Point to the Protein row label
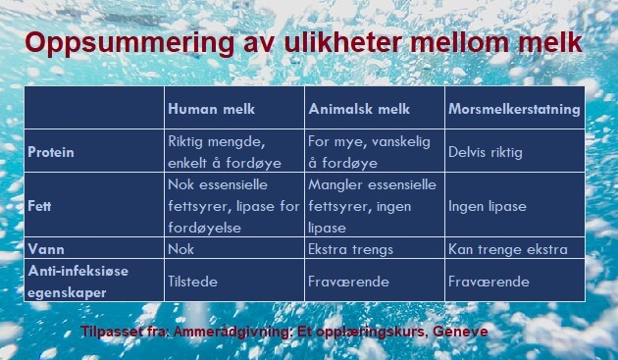click(52, 153)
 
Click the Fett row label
click(40, 207)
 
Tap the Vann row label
click(44, 249)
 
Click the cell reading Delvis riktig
click(485, 153)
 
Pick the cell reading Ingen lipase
click(488, 207)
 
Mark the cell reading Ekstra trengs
click(350, 249)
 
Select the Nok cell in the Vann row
click(182, 249)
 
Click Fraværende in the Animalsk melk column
click(349, 282)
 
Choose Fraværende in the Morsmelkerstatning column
click(489, 282)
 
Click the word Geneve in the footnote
click(460, 332)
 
